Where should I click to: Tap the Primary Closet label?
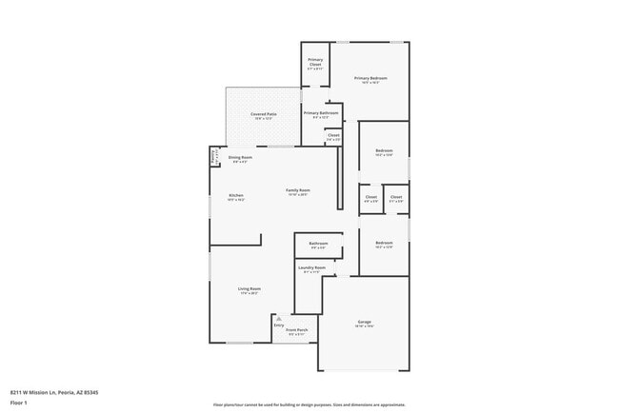pyautogui.click(x=315, y=63)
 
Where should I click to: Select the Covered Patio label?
pyautogui.click(x=264, y=114)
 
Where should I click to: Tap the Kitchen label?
pyautogui.click(x=236, y=196)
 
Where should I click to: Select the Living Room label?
pyautogui.click(x=250, y=288)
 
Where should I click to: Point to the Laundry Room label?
pyautogui.click(x=312, y=267)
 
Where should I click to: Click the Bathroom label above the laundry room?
pyautogui.click(x=318, y=244)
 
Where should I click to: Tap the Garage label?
pyautogui.click(x=364, y=322)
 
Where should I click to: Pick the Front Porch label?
pyautogui.click(x=296, y=330)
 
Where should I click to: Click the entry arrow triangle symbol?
pyautogui.click(x=279, y=319)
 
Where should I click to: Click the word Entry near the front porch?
pyautogui.click(x=279, y=325)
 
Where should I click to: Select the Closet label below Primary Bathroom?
pyautogui.click(x=333, y=135)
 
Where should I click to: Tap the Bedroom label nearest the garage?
pyautogui.click(x=384, y=243)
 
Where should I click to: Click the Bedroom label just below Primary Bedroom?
pyautogui.click(x=384, y=150)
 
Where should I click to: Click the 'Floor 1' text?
pyautogui.click(x=19, y=403)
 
